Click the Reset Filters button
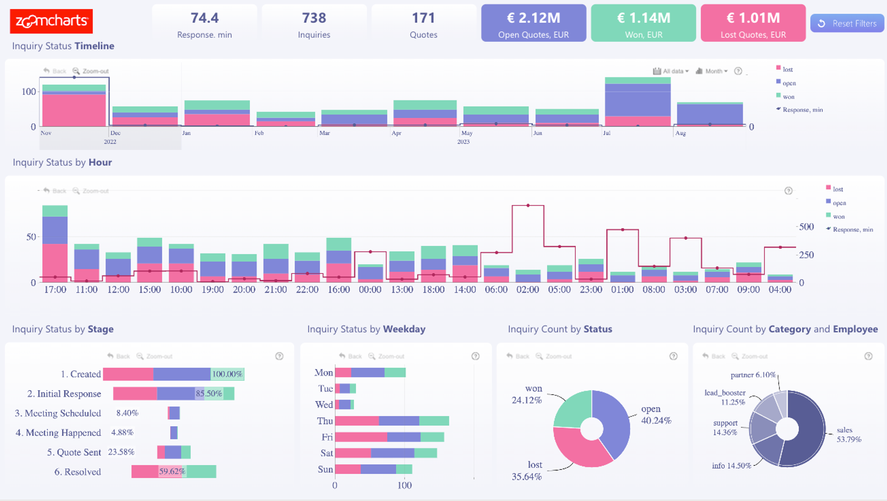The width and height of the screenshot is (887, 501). pyautogui.click(x=847, y=24)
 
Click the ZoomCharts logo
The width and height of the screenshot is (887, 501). pyautogui.click(x=51, y=21)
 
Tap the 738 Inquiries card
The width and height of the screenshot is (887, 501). pyautogui.click(x=314, y=24)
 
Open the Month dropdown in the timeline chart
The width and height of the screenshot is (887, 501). pyautogui.click(x=712, y=71)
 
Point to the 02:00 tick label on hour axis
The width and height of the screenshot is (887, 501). pyautogui.click(x=527, y=290)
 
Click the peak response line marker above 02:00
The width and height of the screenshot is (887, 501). pyautogui.click(x=528, y=205)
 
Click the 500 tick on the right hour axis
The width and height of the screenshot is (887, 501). pyautogui.click(x=806, y=227)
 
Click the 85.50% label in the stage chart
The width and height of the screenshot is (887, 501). pyautogui.click(x=209, y=394)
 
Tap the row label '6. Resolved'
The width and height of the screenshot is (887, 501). pyautogui.click(x=78, y=472)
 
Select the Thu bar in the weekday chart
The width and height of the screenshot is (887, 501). pyautogui.click(x=392, y=421)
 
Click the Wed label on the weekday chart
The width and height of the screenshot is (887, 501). pyautogui.click(x=324, y=405)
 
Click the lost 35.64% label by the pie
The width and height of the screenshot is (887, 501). pyautogui.click(x=527, y=471)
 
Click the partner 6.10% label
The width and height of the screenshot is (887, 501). pyautogui.click(x=753, y=375)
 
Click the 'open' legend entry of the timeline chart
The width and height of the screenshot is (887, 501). pyautogui.click(x=789, y=83)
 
